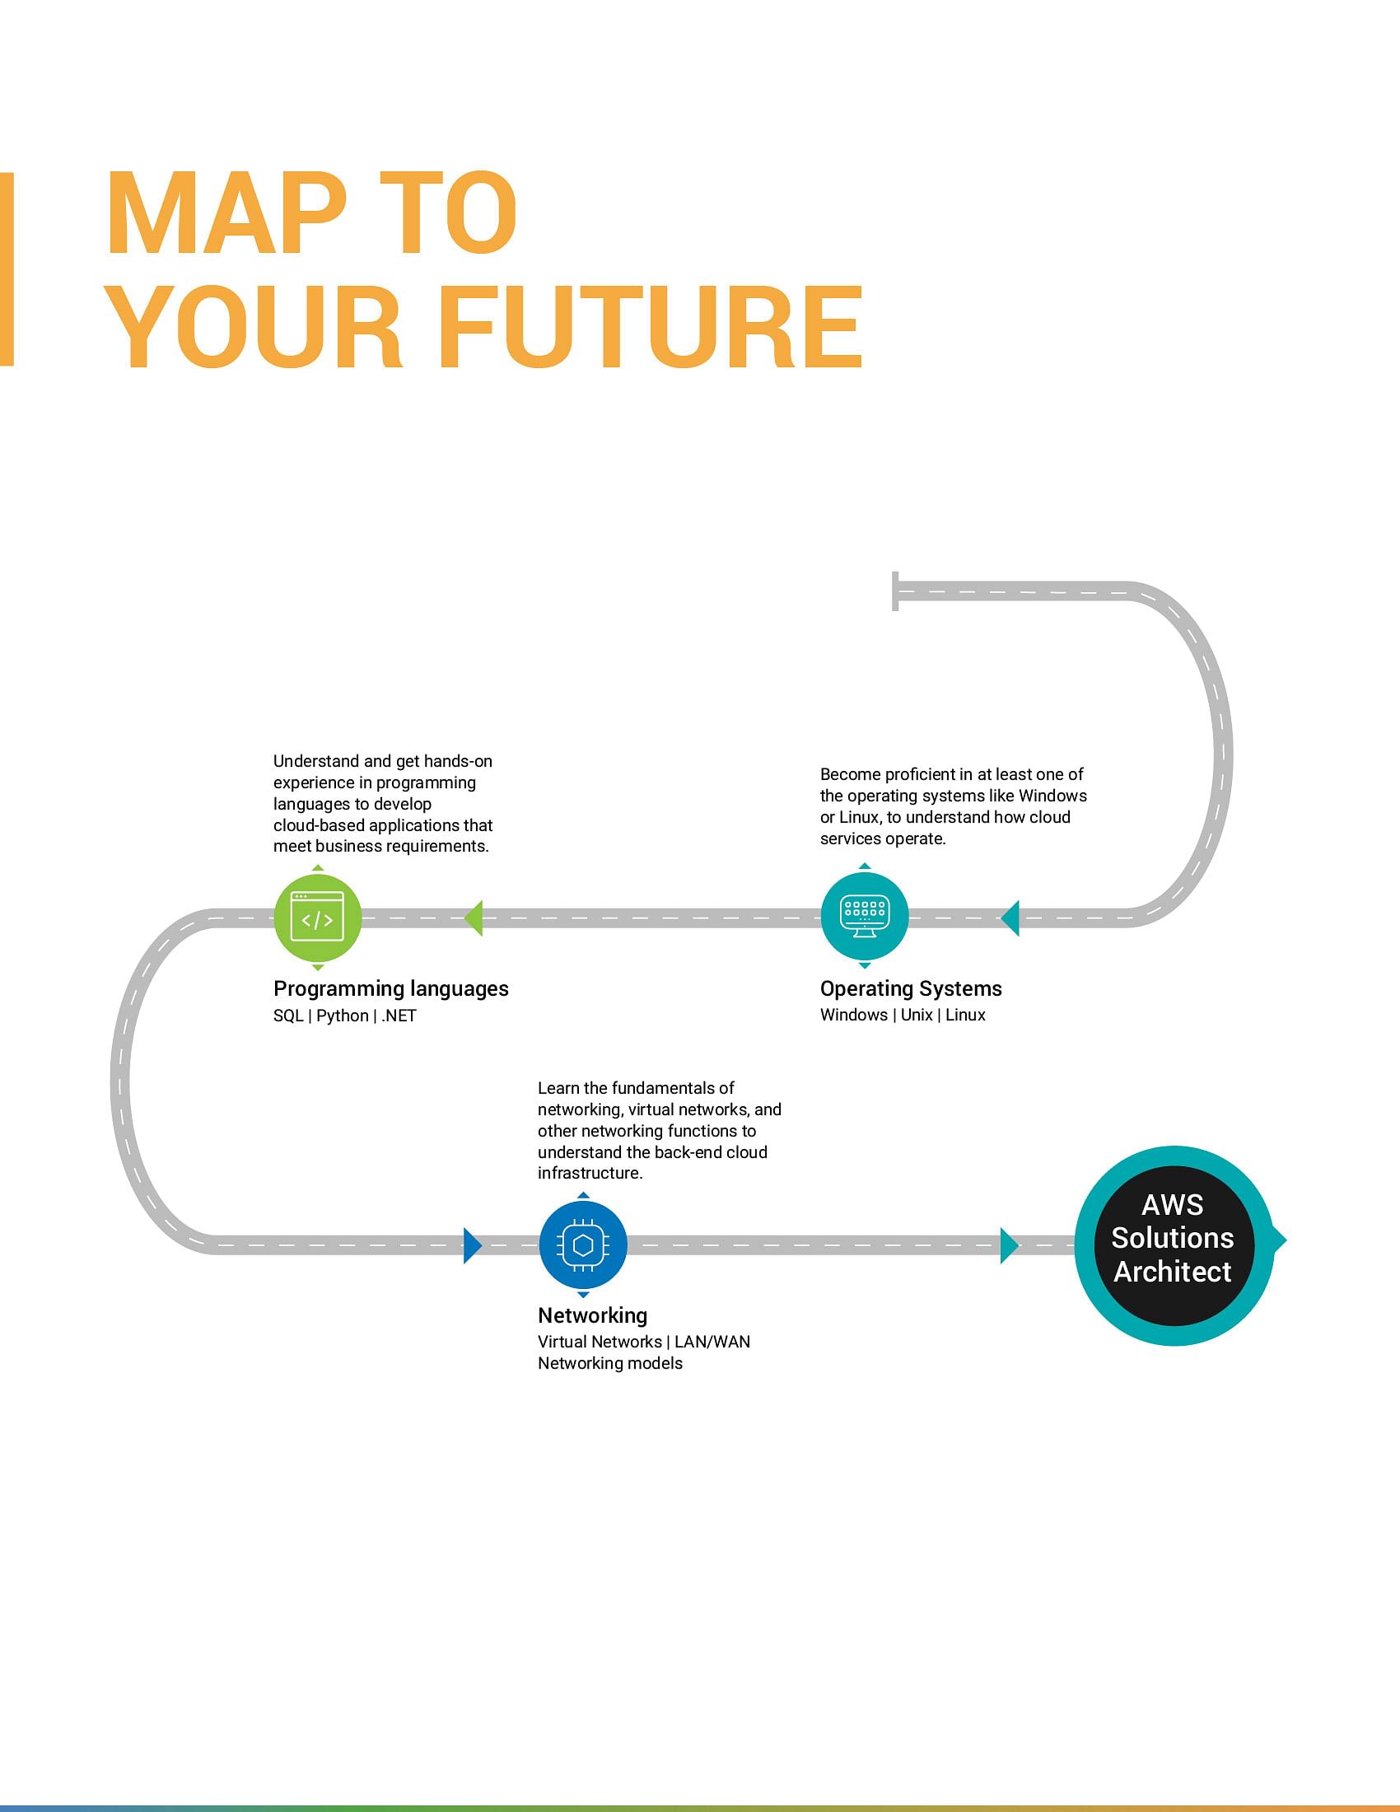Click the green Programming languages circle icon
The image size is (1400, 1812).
tap(318, 918)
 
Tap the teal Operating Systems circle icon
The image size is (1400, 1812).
tap(864, 917)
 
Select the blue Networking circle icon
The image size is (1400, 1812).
tap(583, 1245)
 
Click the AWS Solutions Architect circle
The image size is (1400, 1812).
tap(1174, 1245)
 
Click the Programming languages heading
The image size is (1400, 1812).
tap(390, 989)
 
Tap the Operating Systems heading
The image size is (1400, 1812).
tap(911, 989)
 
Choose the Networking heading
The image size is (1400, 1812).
tap(592, 1316)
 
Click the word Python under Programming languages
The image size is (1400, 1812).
tap(343, 1016)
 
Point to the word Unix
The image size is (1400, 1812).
tap(917, 1015)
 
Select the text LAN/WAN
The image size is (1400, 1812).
tap(712, 1342)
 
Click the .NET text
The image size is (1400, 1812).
tap(398, 1016)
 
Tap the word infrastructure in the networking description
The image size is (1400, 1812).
tap(590, 1173)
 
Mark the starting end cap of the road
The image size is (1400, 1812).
tap(895, 591)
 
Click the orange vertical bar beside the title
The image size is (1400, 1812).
tap(7, 269)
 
